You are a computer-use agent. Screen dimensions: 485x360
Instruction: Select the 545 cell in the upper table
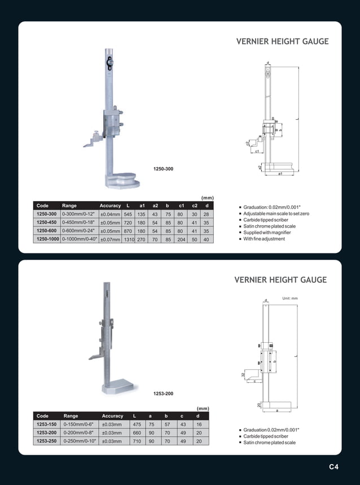[128, 215]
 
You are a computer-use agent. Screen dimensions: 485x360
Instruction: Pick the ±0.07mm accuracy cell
[110, 239]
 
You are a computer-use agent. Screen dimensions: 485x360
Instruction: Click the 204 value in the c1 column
[181, 239]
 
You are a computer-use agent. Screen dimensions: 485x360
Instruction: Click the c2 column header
[194, 206]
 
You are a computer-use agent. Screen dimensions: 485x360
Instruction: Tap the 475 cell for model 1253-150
[137, 424]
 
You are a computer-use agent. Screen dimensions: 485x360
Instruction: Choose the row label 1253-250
[47, 441]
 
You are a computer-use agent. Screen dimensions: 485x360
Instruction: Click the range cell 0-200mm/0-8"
[80, 432]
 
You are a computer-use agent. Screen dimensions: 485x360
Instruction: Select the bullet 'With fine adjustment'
[264, 239]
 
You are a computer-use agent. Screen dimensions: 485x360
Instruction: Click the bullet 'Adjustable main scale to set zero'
[276, 214]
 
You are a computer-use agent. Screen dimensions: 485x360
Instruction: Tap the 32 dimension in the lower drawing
[244, 374]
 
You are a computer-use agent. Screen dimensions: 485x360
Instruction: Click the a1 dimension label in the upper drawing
[280, 174]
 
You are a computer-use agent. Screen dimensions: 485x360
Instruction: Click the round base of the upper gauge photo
[123, 181]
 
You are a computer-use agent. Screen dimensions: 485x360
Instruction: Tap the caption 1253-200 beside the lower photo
[163, 393]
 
